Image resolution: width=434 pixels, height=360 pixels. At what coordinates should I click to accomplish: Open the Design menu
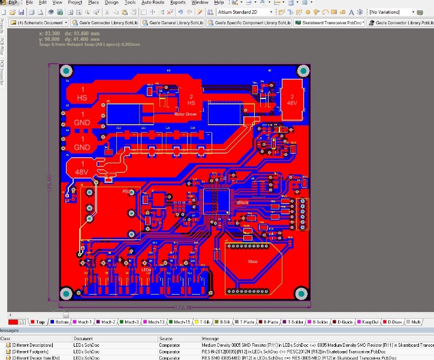point(111,2)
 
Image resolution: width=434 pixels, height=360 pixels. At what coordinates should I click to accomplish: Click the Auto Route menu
point(153,2)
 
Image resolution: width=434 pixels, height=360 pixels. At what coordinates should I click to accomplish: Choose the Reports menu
point(178,2)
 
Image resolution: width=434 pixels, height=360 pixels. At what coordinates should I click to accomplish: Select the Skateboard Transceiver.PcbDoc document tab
point(330,22)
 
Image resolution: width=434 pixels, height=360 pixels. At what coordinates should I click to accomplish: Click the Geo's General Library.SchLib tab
point(177,22)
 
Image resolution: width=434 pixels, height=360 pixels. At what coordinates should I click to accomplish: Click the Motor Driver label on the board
point(185,112)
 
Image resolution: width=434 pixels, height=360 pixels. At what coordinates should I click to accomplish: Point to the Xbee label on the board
point(253,262)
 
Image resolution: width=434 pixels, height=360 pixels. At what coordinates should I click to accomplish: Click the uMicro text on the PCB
point(242,203)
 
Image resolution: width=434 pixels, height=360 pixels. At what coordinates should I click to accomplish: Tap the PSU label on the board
point(126,191)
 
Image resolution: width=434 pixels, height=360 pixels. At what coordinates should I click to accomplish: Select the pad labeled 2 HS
point(192,100)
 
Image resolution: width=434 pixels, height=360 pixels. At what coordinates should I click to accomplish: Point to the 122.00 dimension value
point(183,307)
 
